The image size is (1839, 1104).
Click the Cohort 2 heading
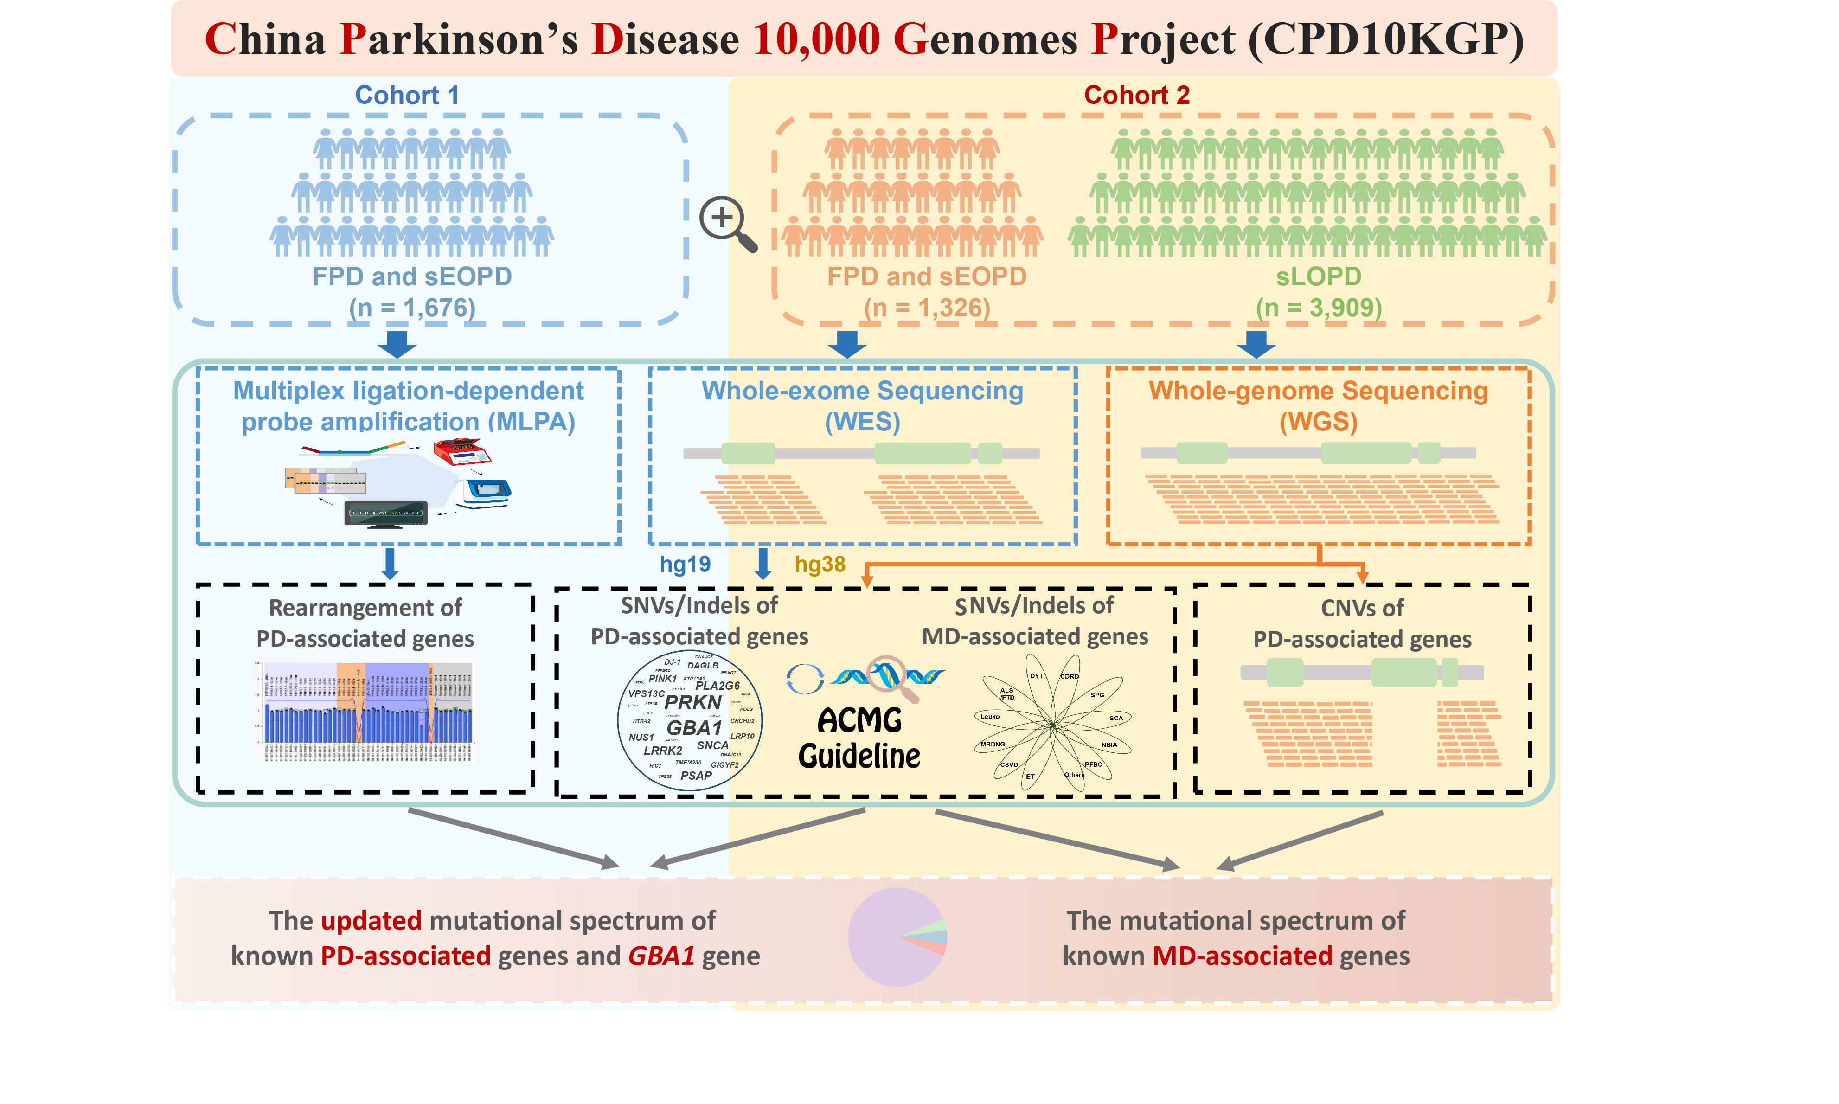point(1136,95)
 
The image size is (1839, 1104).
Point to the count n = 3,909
point(1319,307)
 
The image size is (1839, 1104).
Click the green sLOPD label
point(1319,276)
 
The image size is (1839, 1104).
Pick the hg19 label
point(685,565)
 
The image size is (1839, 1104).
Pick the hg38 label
point(820,565)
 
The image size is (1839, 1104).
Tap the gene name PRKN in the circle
point(693,702)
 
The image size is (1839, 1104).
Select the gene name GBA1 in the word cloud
point(694,727)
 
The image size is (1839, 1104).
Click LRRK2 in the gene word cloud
point(663,751)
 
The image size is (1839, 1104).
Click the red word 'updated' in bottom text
point(371,920)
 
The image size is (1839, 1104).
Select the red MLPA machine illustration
point(462,451)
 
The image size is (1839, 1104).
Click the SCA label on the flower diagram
point(1115,718)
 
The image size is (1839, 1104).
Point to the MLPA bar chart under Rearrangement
point(365,712)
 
